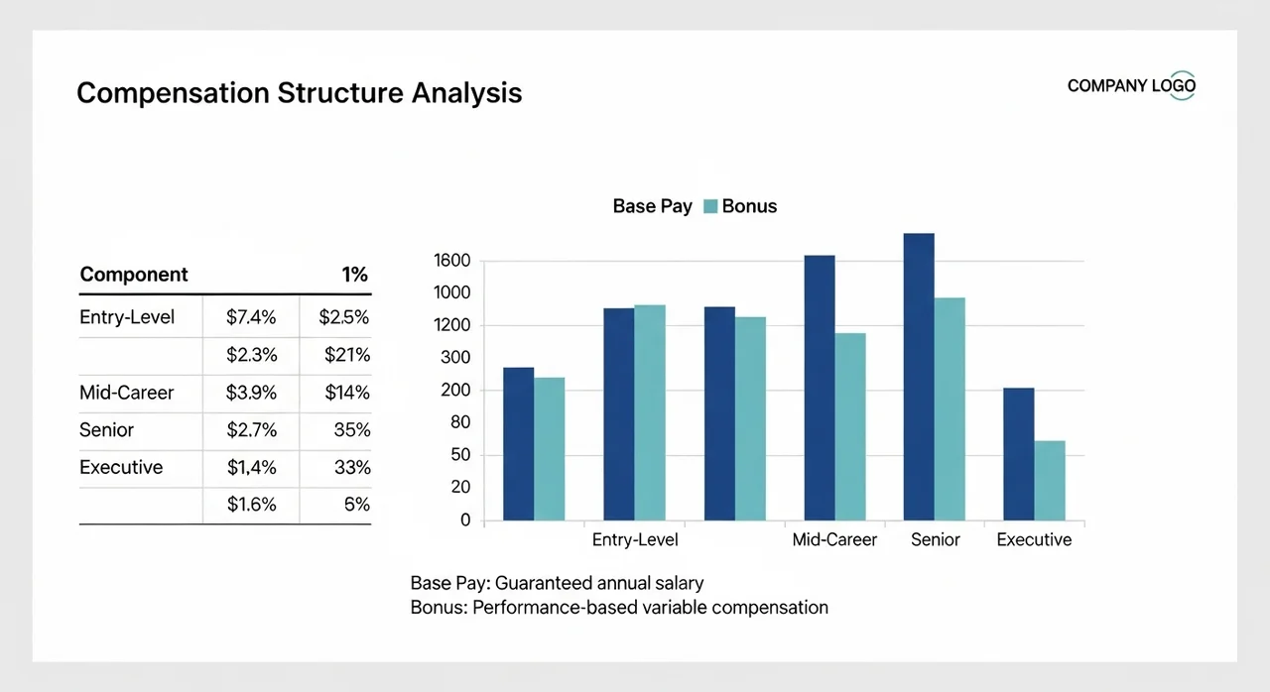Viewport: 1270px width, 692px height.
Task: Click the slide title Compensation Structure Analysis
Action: tap(299, 93)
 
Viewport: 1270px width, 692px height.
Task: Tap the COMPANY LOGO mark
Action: tap(1131, 86)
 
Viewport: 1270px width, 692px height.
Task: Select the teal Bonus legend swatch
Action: tap(709, 206)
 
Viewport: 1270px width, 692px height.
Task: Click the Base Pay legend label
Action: tap(652, 206)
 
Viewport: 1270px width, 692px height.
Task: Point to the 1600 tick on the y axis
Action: tap(451, 261)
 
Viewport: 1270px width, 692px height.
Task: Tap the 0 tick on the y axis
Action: tap(465, 519)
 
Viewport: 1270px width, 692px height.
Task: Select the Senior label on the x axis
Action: tap(935, 539)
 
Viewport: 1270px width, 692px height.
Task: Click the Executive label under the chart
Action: tap(1034, 539)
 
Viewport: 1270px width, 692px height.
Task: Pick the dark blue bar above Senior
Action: tap(919, 377)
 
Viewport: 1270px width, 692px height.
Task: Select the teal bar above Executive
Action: tap(1049, 481)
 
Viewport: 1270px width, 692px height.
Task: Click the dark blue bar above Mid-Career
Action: tap(820, 388)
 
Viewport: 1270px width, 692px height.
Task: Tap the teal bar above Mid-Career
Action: tap(850, 426)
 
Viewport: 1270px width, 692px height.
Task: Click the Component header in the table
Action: tap(134, 275)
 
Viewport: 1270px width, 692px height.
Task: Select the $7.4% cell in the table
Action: tap(251, 317)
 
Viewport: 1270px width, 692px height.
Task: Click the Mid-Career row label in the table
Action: tap(126, 393)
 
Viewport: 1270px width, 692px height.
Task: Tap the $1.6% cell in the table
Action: tap(251, 505)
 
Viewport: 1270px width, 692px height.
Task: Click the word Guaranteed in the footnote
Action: tap(546, 583)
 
